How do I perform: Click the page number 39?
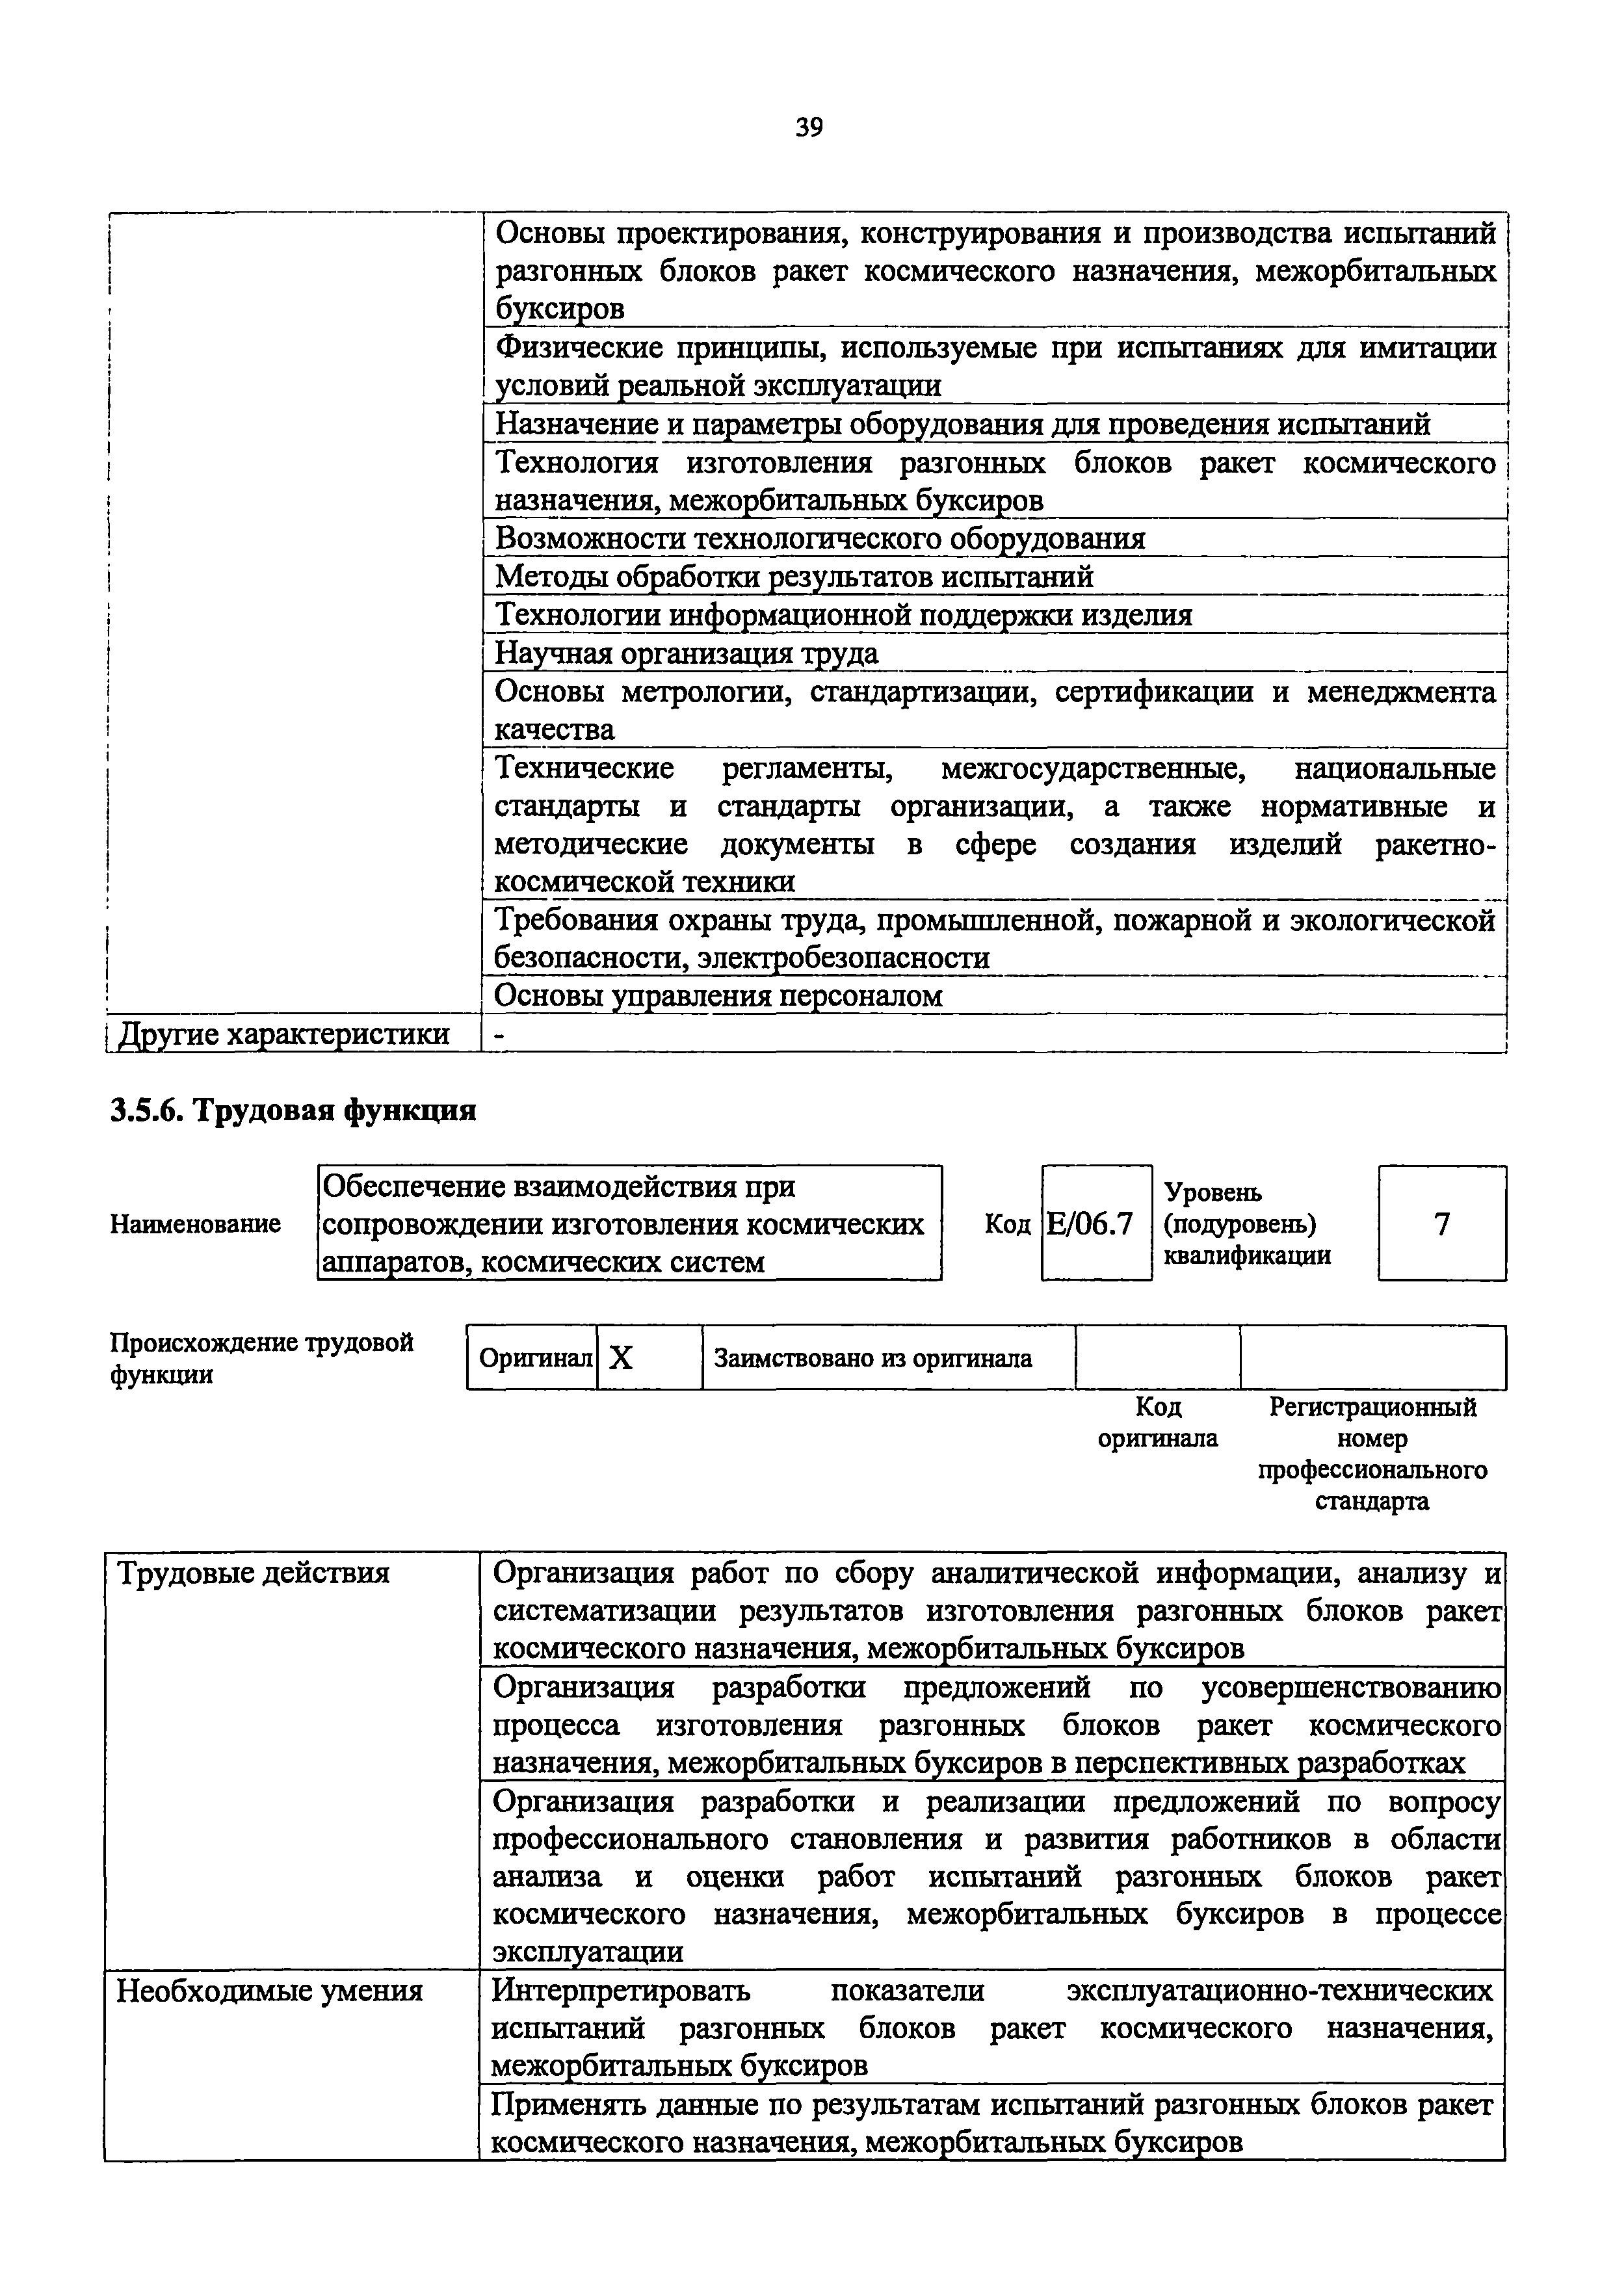809,127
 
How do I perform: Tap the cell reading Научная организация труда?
687,653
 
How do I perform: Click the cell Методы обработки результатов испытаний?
794,577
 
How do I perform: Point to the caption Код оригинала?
1157,1422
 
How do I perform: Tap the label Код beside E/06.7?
1006,1224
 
